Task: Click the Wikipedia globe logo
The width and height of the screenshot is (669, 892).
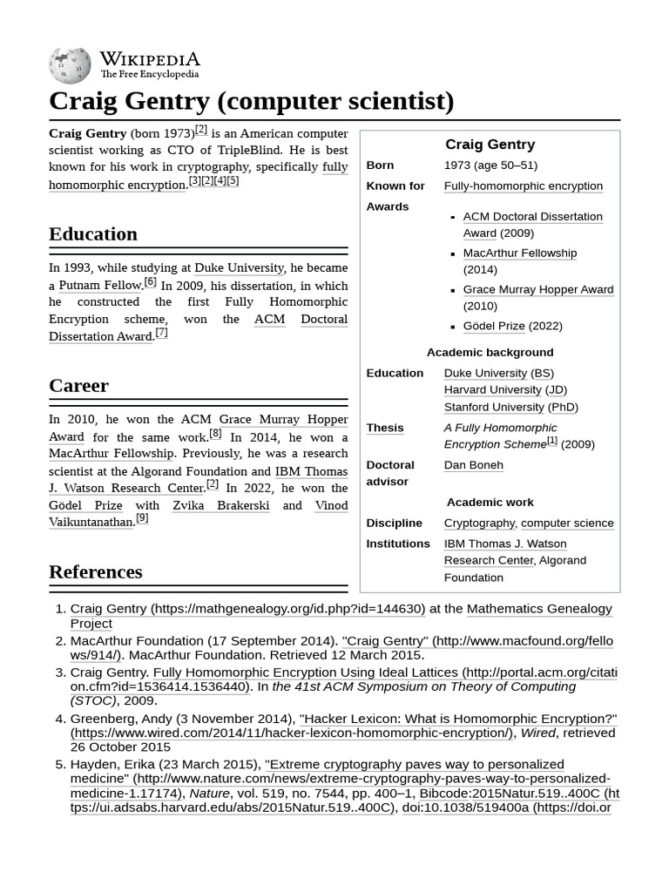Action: point(70,64)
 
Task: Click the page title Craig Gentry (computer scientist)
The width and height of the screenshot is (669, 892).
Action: point(251,101)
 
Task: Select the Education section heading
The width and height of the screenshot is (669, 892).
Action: point(93,233)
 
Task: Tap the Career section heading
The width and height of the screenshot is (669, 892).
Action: point(78,385)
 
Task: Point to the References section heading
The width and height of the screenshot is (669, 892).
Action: point(95,571)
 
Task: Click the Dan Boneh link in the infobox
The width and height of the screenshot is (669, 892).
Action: point(473,464)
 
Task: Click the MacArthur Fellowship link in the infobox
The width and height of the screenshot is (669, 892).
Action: point(519,253)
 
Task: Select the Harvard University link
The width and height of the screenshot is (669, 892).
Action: point(492,389)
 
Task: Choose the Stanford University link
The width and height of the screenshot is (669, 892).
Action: point(493,407)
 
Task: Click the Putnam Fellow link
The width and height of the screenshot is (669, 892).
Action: point(99,285)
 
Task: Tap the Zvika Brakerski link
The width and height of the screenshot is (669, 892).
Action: point(220,505)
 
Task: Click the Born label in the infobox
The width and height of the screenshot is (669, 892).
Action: point(380,165)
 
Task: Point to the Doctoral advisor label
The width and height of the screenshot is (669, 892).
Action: point(390,473)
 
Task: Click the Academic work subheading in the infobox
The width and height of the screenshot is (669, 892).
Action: point(490,502)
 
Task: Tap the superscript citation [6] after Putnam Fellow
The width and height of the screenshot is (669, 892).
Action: point(150,281)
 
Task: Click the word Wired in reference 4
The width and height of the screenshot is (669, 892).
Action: point(537,733)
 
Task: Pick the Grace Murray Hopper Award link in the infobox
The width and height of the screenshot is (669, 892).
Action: point(537,289)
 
